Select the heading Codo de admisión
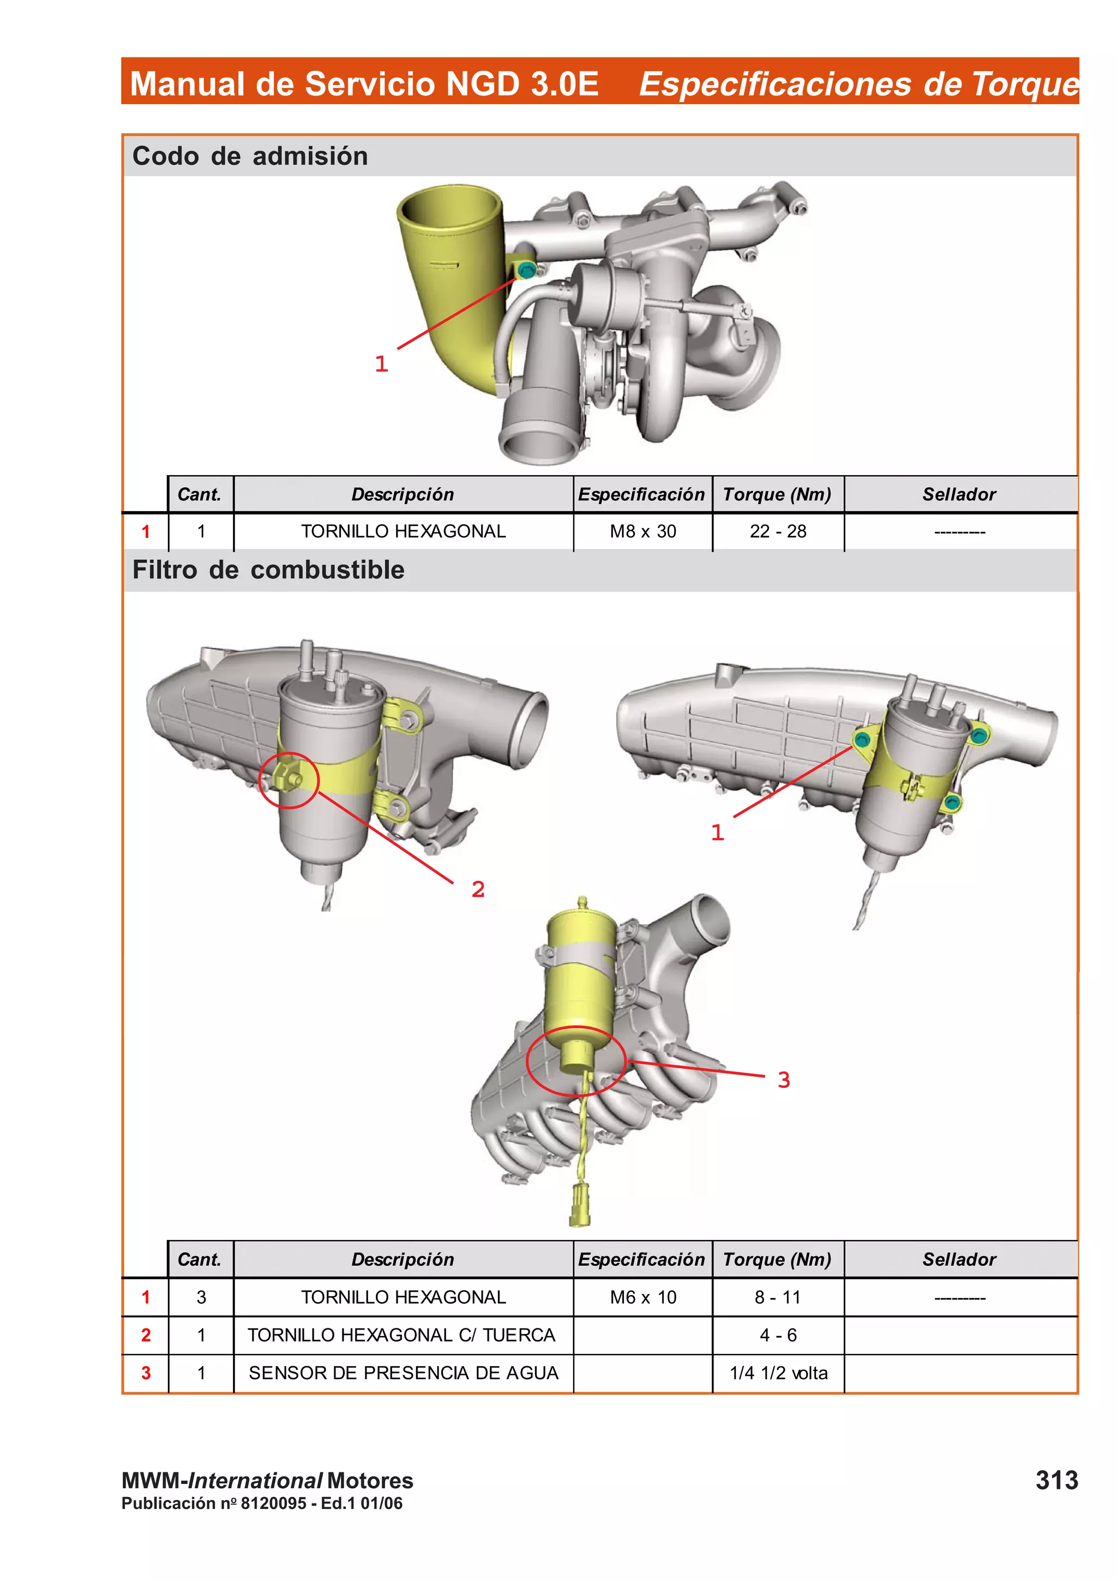[x=250, y=157]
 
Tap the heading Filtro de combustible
[x=268, y=570]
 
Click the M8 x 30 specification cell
[x=643, y=531]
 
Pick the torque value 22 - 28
[x=778, y=531]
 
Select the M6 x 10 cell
[x=643, y=1297]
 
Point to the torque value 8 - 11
[x=778, y=1297]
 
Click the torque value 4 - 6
[x=778, y=1335]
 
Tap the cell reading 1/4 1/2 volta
[x=778, y=1373]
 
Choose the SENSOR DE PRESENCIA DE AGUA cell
[x=403, y=1373]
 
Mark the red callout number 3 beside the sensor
[x=783, y=1080]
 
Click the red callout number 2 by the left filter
[x=478, y=889]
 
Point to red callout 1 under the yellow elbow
[x=381, y=363]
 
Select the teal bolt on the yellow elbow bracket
[x=526, y=270]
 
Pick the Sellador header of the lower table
[x=959, y=1260]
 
